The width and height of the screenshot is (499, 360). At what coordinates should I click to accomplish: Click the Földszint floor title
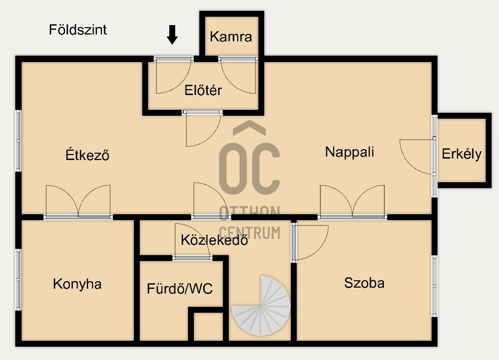click(x=78, y=30)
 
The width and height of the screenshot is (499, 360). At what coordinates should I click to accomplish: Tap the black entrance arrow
click(x=172, y=34)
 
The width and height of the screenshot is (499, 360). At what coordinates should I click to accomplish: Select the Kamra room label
click(x=231, y=36)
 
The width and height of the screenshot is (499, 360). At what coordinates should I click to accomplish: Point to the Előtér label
click(x=203, y=90)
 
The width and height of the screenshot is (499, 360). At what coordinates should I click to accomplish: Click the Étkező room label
click(x=88, y=155)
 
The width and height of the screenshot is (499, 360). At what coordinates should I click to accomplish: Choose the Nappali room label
click(x=349, y=152)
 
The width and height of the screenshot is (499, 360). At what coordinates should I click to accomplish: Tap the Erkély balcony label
click(x=462, y=154)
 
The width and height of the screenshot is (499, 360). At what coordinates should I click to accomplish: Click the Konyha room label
click(x=77, y=284)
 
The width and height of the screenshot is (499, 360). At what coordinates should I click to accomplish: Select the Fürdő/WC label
click(x=180, y=289)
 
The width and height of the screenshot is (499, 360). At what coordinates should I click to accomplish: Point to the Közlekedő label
click(x=214, y=240)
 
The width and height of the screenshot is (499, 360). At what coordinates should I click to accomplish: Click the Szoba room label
click(x=364, y=283)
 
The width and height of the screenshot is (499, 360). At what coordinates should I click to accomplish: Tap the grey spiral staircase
click(x=261, y=306)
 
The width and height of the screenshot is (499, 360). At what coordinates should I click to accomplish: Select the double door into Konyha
click(x=78, y=201)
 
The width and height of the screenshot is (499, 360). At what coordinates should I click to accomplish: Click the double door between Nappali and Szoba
click(x=352, y=201)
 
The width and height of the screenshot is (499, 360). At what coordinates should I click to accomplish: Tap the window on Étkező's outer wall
click(x=19, y=141)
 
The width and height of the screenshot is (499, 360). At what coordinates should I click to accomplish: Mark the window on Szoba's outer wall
click(x=435, y=286)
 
